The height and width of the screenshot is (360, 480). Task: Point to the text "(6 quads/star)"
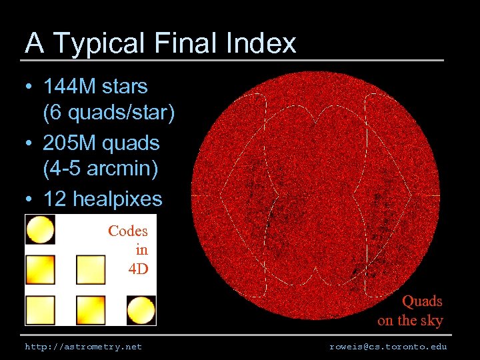(x=109, y=113)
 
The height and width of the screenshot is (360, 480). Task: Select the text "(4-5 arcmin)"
(x=100, y=170)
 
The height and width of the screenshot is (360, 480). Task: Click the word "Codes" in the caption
(x=127, y=231)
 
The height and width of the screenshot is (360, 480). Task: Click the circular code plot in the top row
(x=40, y=229)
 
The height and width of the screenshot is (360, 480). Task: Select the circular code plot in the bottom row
(x=141, y=310)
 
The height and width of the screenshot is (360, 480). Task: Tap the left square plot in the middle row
(x=40, y=269)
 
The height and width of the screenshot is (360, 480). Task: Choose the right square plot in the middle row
(x=91, y=269)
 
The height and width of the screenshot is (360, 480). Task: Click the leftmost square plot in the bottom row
(x=40, y=310)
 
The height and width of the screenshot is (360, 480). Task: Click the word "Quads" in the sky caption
(x=421, y=301)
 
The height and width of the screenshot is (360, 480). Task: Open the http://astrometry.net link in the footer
(x=83, y=347)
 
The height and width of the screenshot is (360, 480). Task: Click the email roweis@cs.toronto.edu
(x=388, y=347)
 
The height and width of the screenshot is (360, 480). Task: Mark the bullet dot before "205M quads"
(x=30, y=143)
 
